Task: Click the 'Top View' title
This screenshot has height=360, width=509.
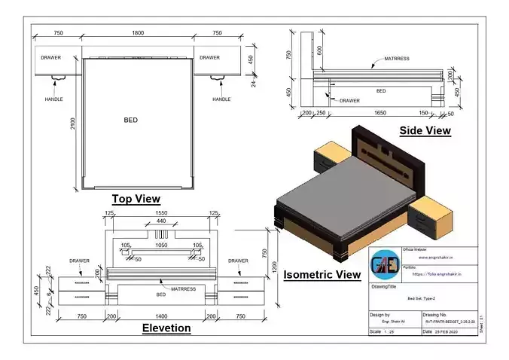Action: (x=136, y=199)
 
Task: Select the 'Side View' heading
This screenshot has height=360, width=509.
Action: (x=425, y=131)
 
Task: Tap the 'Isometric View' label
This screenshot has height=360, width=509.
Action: (x=322, y=275)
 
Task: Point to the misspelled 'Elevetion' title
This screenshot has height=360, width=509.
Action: (x=166, y=328)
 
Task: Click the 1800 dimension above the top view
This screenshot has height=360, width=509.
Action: (x=138, y=33)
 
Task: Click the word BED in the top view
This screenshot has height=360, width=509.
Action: (x=131, y=120)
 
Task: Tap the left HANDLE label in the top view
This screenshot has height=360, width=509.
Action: (x=53, y=99)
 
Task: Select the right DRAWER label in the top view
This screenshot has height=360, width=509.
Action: (x=210, y=57)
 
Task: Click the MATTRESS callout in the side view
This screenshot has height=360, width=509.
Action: (x=397, y=58)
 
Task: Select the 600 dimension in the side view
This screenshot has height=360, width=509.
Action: (x=320, y=51)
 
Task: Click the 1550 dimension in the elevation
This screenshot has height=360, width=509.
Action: (x=159, y=214)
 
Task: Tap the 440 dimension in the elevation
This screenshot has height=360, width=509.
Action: (x=160, y=221)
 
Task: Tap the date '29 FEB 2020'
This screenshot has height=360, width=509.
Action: (x=441, y=331)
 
